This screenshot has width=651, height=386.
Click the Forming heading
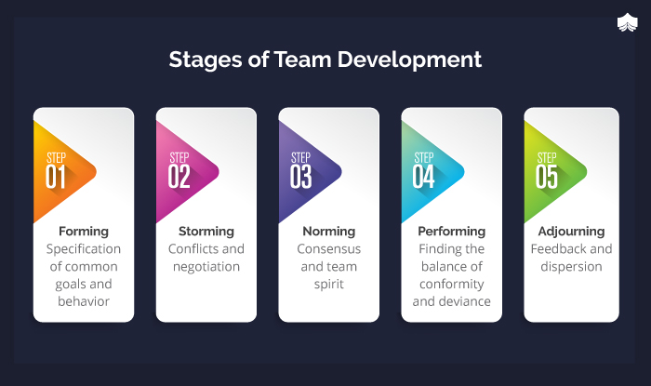(84, 232)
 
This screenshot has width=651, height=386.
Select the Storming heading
(206, 232)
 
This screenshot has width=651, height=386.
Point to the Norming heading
(329, 232)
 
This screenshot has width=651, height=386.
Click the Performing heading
(452, 232)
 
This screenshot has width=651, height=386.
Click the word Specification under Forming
(84, 249)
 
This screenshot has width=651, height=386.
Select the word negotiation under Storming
(206, 267)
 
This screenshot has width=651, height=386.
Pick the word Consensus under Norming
(329, 249)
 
